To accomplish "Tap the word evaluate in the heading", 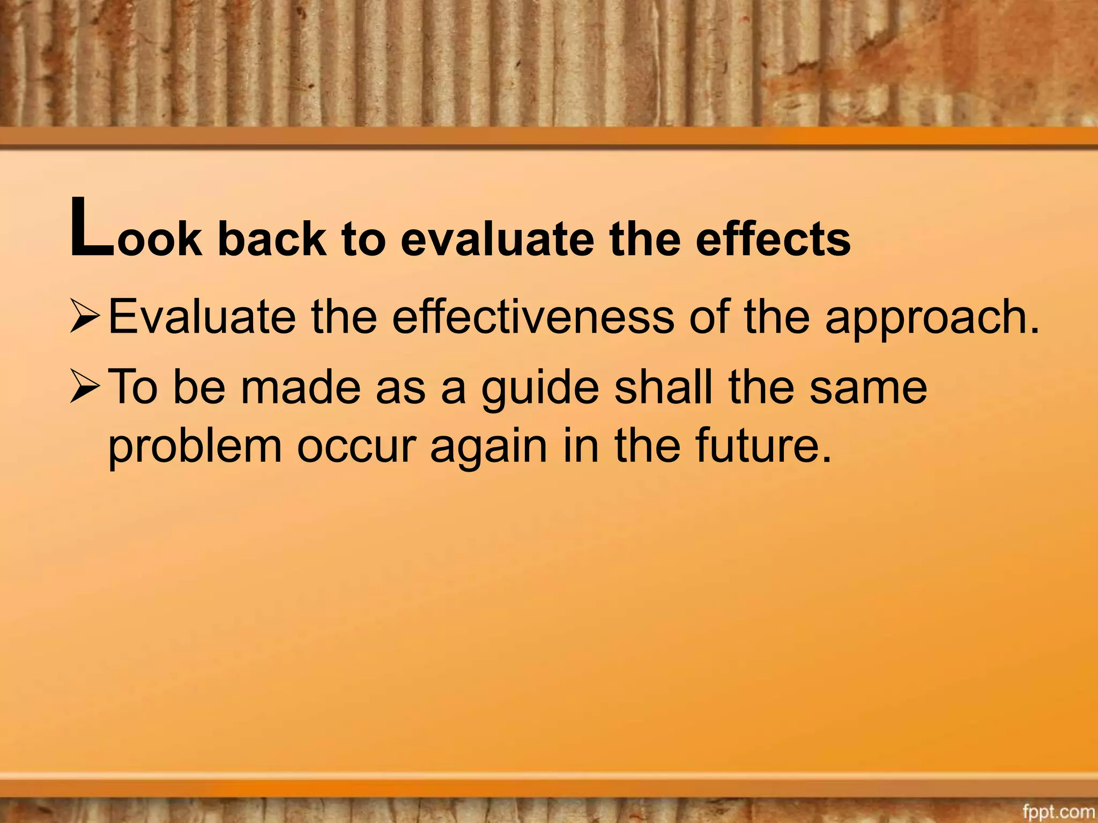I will coord(497,238).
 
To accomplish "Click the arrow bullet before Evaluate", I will coord(84,317).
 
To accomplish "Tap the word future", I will coord(757,446).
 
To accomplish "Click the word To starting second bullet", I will coord(133,386).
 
